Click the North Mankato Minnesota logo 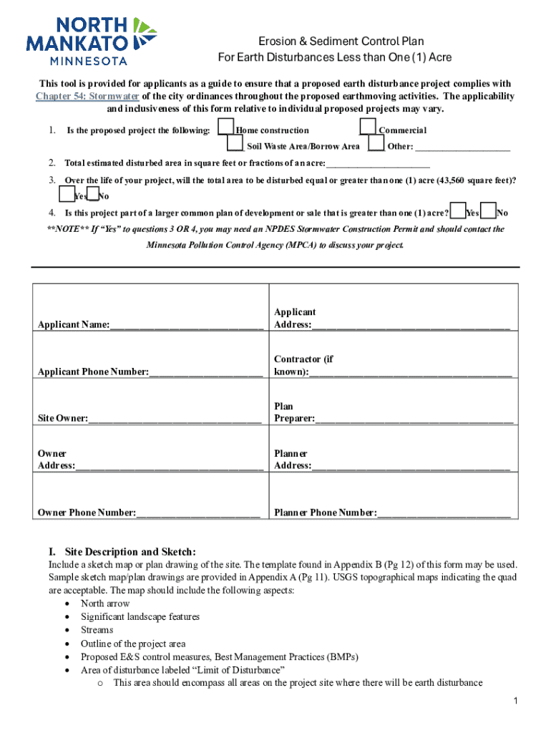(91, 40)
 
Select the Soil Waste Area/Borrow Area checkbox (235, 145)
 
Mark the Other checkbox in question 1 (376, 145)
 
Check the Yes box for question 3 (66, 195)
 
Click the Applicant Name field (186, 326)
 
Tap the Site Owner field (175, 418)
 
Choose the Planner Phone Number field (444, 513)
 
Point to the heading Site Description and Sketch (122, 552)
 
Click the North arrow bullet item (105, 603)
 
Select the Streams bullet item (97, 630)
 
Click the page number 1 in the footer (515, 700)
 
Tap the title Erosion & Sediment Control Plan (335, 42)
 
